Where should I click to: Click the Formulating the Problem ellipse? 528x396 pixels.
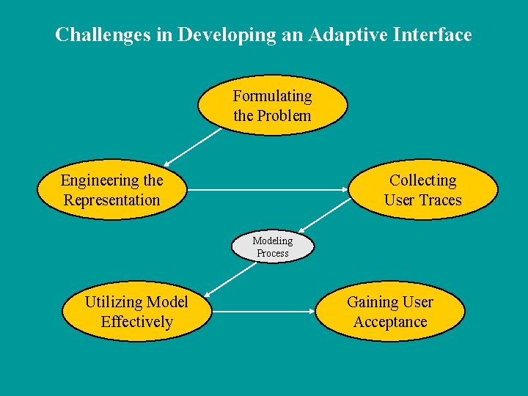(272, 106)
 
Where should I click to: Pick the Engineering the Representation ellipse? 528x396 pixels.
(111, 190)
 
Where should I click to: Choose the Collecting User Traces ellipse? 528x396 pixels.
(422, 190)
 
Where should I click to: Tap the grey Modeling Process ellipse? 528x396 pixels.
(272, 246)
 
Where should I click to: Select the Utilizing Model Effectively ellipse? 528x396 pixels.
(136, 312)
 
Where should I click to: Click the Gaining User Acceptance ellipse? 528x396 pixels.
(389, 312)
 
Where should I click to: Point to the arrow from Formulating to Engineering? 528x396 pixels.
(192, 147)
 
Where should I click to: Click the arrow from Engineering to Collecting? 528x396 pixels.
(268, 190)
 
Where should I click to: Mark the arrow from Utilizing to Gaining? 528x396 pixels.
(263, 312)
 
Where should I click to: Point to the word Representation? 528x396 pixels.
(111, 200)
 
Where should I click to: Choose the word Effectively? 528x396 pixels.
(137, 322)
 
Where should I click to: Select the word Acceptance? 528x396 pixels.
(390, 322)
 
